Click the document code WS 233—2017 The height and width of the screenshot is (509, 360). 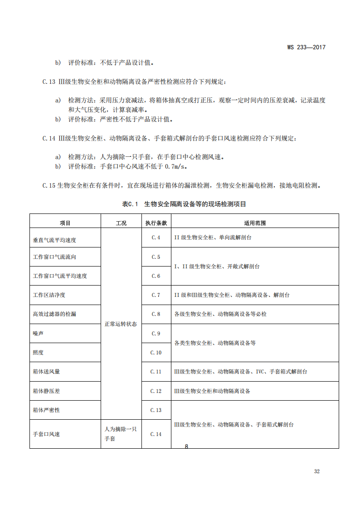tap(306, 47)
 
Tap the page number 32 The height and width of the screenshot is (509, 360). tap(316, 471)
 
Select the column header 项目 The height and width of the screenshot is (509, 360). tap(65, 223)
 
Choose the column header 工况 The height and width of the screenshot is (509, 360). tap(121, 223)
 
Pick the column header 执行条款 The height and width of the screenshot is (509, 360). tap(156, 223)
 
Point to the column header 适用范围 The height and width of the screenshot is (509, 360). tap(255, 223)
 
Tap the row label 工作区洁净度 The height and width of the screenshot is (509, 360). tap(49, 295)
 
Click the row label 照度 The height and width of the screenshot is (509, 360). tap(38, 352)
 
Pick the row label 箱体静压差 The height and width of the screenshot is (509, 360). tap(46, 391)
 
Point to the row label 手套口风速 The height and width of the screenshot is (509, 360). tap(46, 434)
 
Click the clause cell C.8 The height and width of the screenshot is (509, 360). tap(156, 314)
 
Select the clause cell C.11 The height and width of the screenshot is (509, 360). tap(156, 372)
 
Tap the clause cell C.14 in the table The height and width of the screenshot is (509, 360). tap(156, 434)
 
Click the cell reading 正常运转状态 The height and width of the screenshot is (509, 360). tap(121, 324)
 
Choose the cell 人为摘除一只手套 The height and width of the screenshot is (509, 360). tap(121, 434)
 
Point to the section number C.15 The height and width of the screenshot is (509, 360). tap(49, 185)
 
